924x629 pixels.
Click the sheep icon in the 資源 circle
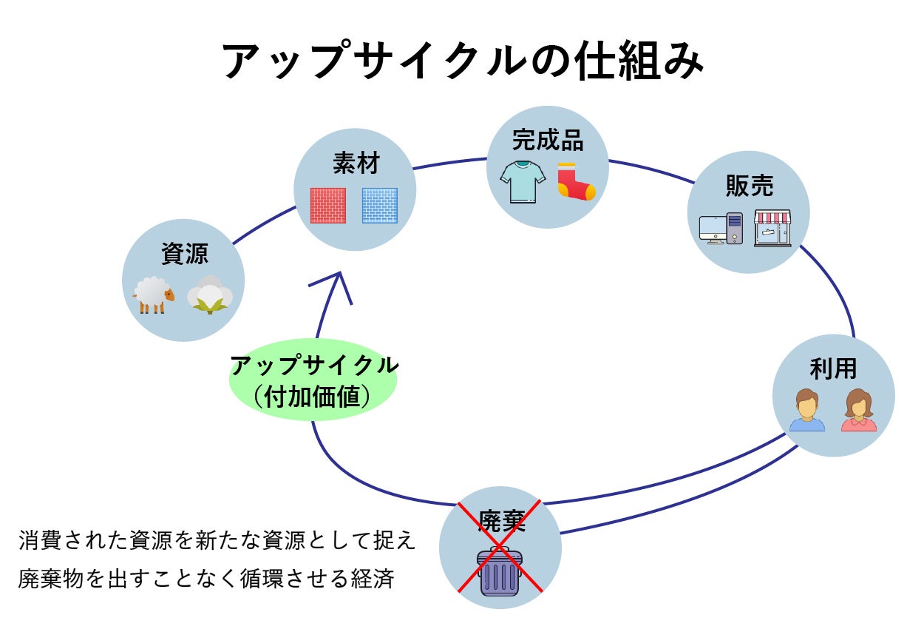point(154,295)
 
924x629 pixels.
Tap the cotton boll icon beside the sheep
point(210,295)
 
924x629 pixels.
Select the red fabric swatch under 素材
point(327,206)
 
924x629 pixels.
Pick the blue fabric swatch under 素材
point(379,206)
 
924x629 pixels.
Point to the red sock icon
point(576,182)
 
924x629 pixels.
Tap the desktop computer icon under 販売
point(721,229)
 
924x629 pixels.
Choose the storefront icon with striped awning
point(772,228)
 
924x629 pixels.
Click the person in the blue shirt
point(806,411)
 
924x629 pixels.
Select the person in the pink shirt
point(858,411)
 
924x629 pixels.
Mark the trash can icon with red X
point(500,571)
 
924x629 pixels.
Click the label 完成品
point(548,140)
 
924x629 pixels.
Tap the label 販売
point(749,186)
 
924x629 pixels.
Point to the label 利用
point(833,369)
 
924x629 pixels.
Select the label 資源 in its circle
point(184,254)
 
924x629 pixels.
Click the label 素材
point(356,164)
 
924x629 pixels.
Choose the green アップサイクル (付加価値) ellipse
point(313,380)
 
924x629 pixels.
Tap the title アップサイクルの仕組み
point(463,62)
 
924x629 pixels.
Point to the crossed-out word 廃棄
point(501,522)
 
